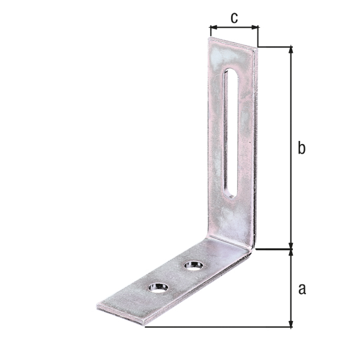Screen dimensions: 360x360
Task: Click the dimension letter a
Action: tap(302, 289)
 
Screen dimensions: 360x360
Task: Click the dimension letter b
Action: tap(302, 148)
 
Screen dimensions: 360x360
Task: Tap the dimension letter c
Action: tap(234, 17)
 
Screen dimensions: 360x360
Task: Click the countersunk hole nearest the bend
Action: tap(193, 265)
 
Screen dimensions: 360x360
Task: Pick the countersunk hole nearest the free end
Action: tap(158, 287)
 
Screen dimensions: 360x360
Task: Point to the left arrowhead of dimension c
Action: tap(212, 27)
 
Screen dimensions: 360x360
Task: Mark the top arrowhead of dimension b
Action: tap(292, 50)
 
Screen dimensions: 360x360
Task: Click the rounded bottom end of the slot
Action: tap(230, 193)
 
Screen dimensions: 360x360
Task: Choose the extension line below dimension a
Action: tap(216, 328)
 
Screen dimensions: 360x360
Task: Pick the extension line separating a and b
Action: tap(273, 247)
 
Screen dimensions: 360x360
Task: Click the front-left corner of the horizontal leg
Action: tap(97, 308)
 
